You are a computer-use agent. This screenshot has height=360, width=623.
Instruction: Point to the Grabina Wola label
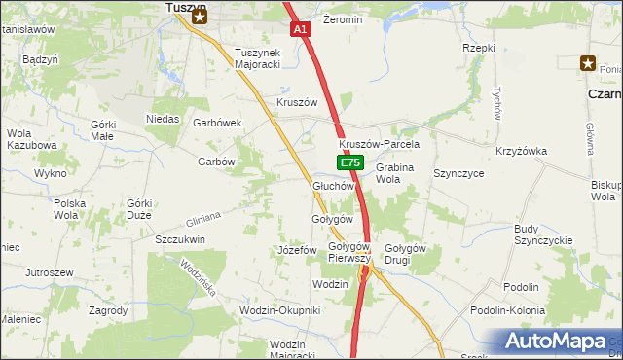pyautogui.click(x=394, y=173)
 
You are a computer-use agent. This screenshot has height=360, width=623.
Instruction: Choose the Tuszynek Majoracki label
pyautogui.click(x=257, y=59)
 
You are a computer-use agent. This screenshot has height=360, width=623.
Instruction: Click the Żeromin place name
pyautogui.click(x=343, y=19)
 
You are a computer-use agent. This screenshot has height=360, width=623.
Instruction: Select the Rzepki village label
pyautogui.click(x=479, y=48)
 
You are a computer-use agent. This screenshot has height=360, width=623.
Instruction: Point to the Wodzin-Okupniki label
pyautogui.click(x=279, y=310)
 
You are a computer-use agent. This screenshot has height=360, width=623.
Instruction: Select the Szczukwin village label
pyautogui.click(x=179, y=238)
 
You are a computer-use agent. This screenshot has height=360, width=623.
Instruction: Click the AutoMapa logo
pyautogui.click(x=558, y=342)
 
